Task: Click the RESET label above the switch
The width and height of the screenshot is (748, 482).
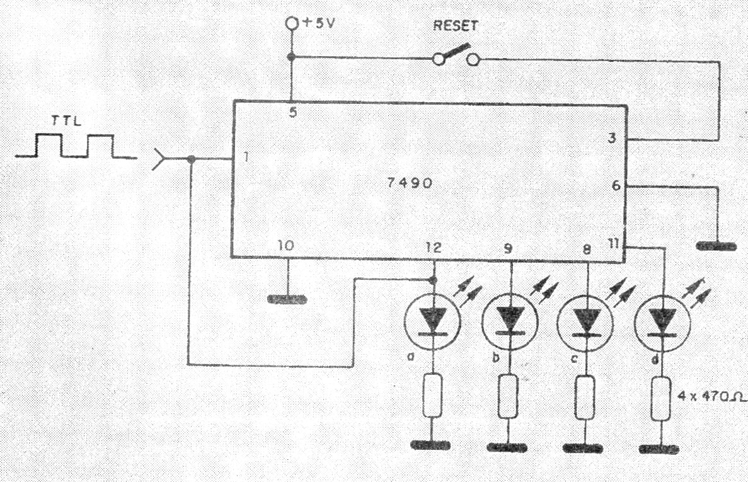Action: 455,25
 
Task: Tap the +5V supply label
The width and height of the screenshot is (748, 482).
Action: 319,23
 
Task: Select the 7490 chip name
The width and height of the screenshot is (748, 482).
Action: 410,183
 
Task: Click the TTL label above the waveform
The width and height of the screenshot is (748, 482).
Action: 66,120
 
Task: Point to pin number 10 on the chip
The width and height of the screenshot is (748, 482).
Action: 285,246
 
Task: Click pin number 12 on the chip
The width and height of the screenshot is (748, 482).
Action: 434,248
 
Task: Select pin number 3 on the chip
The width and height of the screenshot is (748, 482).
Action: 612,138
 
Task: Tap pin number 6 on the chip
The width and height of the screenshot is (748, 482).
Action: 616,185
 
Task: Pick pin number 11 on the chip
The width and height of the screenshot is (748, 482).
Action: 614,244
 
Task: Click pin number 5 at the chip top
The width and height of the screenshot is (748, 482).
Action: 293,113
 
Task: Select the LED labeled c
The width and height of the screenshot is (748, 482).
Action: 585,323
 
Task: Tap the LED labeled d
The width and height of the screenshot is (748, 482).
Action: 662,323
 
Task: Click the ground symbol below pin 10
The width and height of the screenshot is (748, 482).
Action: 287,299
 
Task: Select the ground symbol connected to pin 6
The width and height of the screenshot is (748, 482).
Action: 716,246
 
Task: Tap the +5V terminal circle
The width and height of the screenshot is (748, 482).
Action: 292,23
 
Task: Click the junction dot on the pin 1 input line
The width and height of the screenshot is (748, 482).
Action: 192,159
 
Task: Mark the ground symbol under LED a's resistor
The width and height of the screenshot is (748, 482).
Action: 431,445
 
